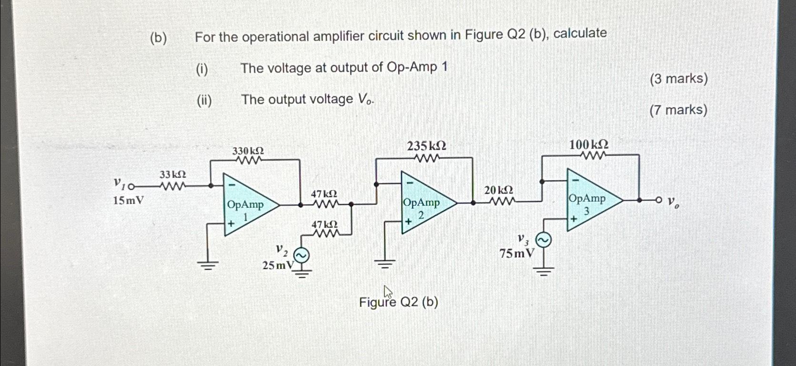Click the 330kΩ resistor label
[248, 151]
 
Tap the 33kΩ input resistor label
[172, 175]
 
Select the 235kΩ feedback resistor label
[426, 146]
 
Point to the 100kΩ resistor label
[589, 144]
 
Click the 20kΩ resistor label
[499, 190]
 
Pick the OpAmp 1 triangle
[248, 205]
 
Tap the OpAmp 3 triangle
[591, 199]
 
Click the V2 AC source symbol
[301, 256]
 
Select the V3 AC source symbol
[544, 240]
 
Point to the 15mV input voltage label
[128, 200]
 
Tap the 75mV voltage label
[517, 254]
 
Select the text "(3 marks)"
[678, 79]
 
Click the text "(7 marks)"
[678, 110]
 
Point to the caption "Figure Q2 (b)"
[398, 302]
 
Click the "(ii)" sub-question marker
[204, 100]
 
